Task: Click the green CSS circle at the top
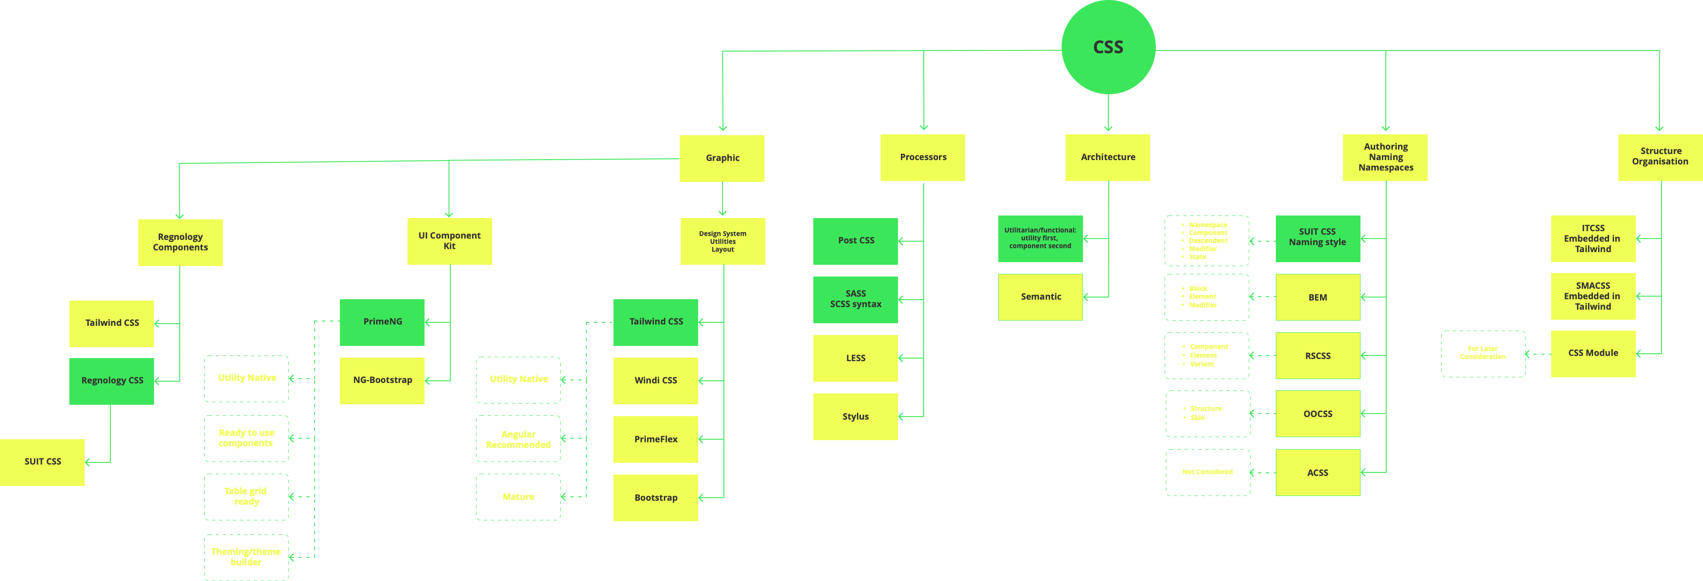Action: (x=1108, y=47)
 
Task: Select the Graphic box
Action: (x=722, y=158)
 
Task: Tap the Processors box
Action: (x=922, y=157)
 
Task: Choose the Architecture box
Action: (x=1107, y=157)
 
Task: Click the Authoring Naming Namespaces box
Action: (x=1385, y=157)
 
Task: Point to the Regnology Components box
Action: (x=180, y=242)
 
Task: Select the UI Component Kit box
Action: (x=449, y=241)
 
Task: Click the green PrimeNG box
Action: (x=382, y=322)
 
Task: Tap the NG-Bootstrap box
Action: (x=382, y=380)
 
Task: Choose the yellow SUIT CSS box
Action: (x=42, y=461)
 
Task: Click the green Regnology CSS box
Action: (x=112, y=381)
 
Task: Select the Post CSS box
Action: (x=856, y=241)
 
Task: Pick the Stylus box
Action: (x=856, y=417)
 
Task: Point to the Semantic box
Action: (x=1041, y=297)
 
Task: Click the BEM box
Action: (x=1318, y=297)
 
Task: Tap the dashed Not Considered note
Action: (x=1207, y=472)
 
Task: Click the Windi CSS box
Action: (x=655, y=381)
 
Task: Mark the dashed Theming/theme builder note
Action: (x=246, y=557)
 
